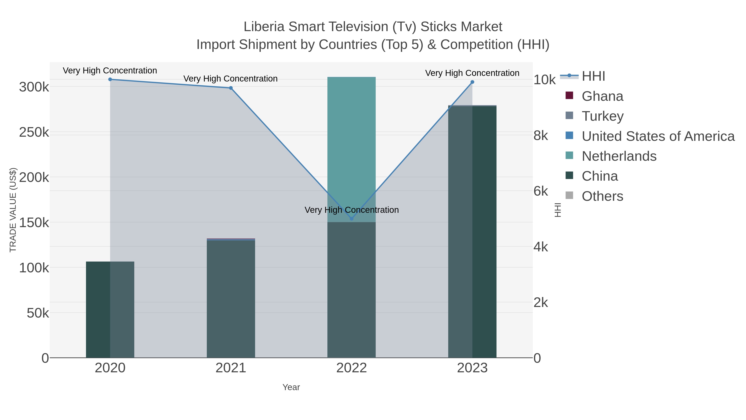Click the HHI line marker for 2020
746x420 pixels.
pos(110,79)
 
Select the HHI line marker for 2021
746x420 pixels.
pos(231,88)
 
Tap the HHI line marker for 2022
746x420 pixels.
pos(352,219)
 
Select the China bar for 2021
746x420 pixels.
pos(231,298)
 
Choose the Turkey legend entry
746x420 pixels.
pos(602,116)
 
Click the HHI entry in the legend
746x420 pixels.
pos(593,76)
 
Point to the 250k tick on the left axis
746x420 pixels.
pos(34,133)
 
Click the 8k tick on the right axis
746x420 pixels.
pos(541,135)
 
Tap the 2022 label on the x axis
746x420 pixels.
pos(352,368)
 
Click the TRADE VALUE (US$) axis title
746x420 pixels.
pos(13,210)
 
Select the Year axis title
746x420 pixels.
pos(291,387)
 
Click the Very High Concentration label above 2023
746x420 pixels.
pos(472,73)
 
